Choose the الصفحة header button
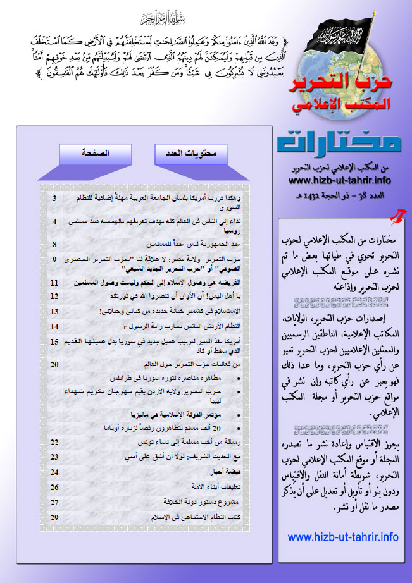coord(94,154)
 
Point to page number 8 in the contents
coord(54,244)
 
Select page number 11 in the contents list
coord(54,282)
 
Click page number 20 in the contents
coord(54,364)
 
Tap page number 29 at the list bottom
coord(54,517)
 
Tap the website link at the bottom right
coord(343,537)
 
